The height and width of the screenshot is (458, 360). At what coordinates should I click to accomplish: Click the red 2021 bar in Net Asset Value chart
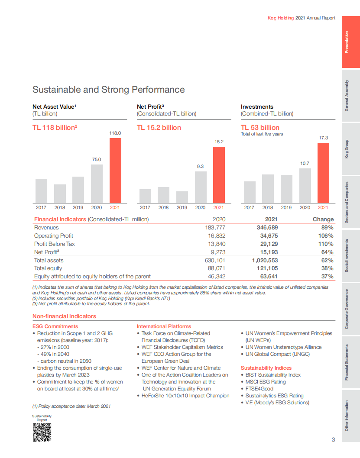click(115, 171)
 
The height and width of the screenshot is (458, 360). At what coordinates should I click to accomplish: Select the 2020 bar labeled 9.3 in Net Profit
click(200, 187)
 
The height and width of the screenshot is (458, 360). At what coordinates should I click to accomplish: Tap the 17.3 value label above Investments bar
click(323, 138)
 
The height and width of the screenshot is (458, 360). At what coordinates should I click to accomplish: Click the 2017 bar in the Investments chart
click(250, 192)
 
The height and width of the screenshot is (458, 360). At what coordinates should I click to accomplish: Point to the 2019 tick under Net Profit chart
click(182, 208)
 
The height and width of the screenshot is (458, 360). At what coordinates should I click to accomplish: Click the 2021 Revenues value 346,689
click(265, 228)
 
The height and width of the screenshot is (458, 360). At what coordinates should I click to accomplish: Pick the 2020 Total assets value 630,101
click(215, 261)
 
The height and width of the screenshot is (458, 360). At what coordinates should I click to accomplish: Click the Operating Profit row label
click(54, 236)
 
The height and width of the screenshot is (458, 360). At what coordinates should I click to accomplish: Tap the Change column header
click(323, 219)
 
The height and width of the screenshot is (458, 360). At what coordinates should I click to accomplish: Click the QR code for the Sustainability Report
click(42, 432)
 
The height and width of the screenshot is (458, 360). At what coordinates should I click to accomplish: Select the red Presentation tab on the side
click(350, 42)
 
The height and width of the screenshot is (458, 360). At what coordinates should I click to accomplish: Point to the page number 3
click(333, 440)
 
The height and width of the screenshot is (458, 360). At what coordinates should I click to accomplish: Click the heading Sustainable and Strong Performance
click(108, 90)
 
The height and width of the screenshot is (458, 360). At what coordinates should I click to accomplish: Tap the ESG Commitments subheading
click(55, 326)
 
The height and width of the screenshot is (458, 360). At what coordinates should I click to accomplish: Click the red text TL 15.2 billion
click(159, 128)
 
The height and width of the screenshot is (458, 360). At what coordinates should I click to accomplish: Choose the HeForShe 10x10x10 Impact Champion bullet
click(185, 396)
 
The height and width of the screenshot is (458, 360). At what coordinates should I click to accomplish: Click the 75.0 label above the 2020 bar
click(97, 159)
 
